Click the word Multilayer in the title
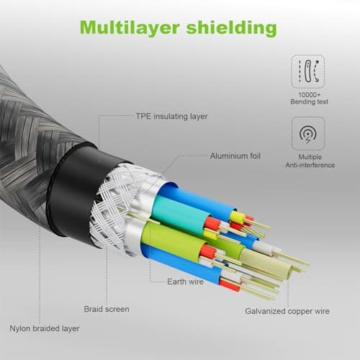click(130, 28)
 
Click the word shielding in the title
click(231, 28)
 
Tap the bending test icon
click(308, 71)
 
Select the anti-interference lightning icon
click(308, 134)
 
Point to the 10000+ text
click(309, 95)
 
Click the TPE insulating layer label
click(171, 117)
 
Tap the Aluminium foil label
click(235, 156)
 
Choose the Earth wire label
click(185, 282)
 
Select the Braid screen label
click(107, 309)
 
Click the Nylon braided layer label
click(45, 328)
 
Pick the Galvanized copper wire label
click(287, 311)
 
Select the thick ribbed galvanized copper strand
click(266, 264)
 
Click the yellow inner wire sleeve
click(236, 217)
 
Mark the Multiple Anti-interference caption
click(310, 161)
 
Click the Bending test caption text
click(309, 102)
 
